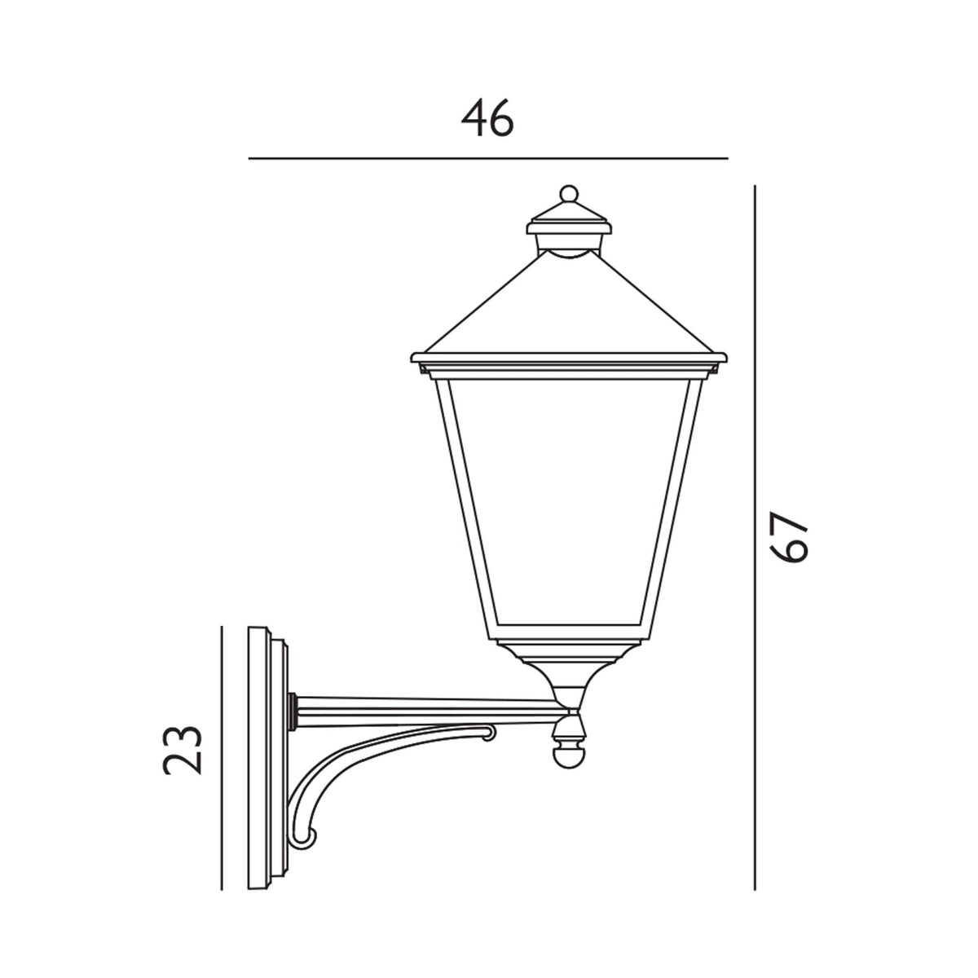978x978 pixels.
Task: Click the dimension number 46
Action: pyautogui.click(x=488, y=121)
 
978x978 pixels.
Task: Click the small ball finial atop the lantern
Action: pyautogui.click(x=569, y=194)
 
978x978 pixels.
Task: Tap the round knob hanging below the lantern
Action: pyautogui.click(x=568, y=756)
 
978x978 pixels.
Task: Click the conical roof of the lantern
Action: pyautogui.click(x=569, y=310)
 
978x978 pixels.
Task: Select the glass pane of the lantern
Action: pyautogui.click(x=569, y=505)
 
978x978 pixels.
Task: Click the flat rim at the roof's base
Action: pyautogui.click(x=569, y=359)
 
